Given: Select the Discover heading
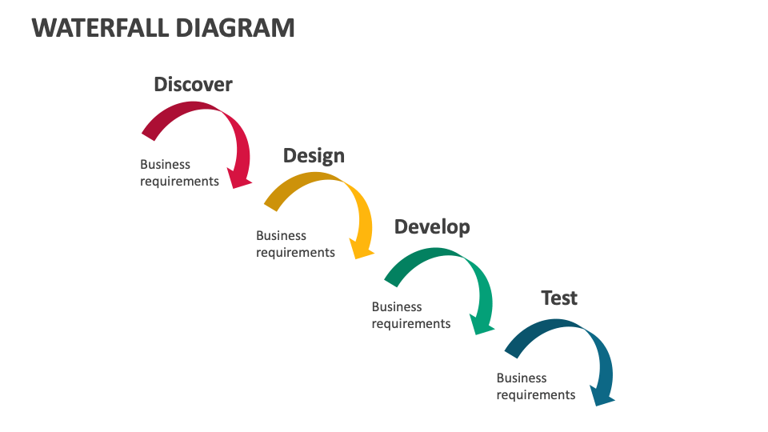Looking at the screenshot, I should pos(193,84).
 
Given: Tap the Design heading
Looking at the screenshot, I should pos(314,155).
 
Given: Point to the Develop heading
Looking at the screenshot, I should pos(432,226).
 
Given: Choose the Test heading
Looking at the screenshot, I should pos(559,298).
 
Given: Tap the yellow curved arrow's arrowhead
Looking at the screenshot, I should pos(362,249).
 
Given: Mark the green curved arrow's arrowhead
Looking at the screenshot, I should pos(481,321).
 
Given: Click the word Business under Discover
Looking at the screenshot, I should pos(165,164).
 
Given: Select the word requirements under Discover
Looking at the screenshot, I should pos(179,181).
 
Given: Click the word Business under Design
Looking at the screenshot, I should pos(281,235).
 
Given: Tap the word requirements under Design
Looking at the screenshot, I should pos(295,252).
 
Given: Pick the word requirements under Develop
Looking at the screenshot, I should pos(411,323).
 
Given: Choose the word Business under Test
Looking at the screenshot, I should pos(522,378).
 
